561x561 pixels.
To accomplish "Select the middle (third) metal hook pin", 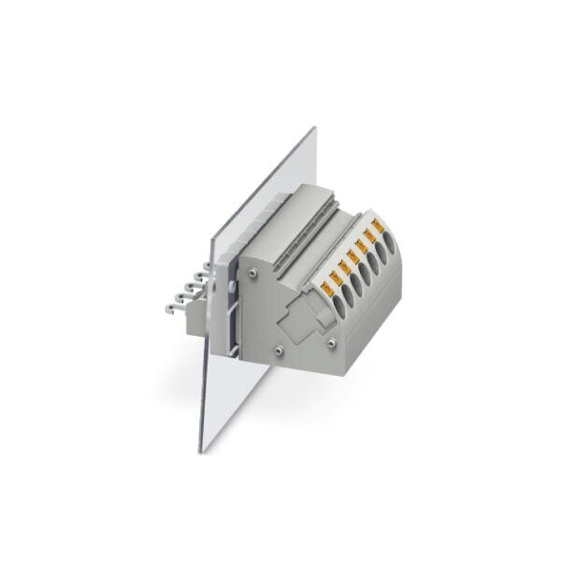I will click(x=184, y=291).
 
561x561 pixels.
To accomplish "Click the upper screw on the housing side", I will click(x=253, y=272).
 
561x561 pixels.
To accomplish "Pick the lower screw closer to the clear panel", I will click(x=280, y=349).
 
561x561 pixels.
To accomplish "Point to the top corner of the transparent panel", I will click(x=314, y=128).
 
